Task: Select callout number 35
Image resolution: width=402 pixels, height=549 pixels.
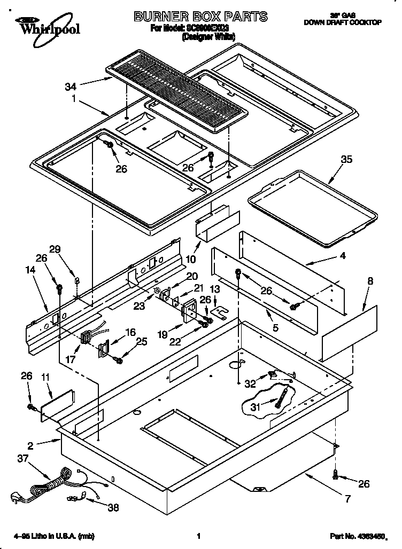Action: coord(346,159)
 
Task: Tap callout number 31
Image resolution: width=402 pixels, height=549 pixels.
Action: coord(256,407)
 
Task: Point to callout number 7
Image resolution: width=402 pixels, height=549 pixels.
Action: coord(347,499)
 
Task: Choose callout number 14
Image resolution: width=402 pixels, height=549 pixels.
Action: coord(30,270)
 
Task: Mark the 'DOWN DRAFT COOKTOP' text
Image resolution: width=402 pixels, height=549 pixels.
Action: coord(342,22)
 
